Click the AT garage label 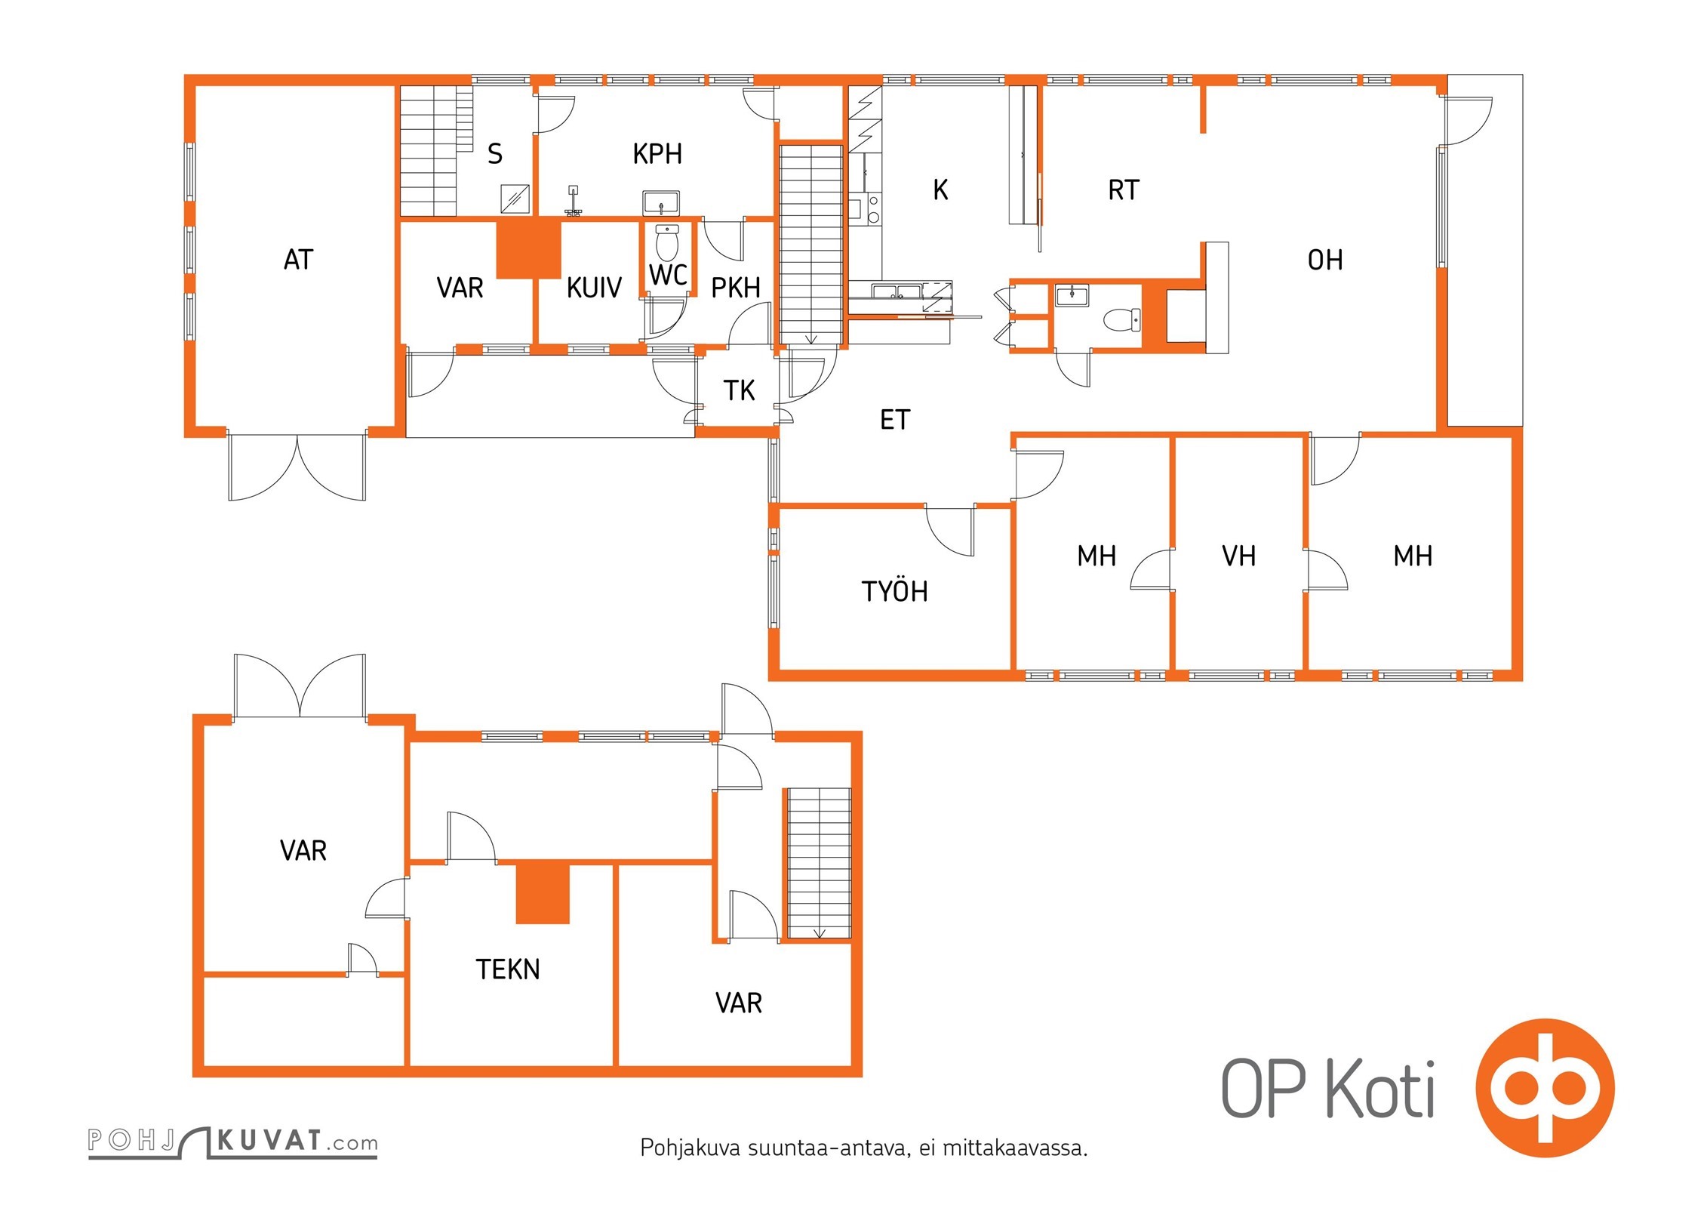(x=298, y=260)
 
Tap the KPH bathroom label (x=657, y=154)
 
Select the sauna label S (x=495, y=154)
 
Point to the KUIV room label (x=594, y=288)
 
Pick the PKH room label (x=736, y=288)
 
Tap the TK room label (x=739, y=390)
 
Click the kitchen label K (x=940, y=190)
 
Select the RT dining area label (x=1124, y=190)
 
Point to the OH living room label (x=1325, y=260)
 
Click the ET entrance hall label (x=895, y=420)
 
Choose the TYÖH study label (x=894, y=591)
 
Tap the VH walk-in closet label (x=1239, y=556)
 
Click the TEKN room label (x=508, y=969)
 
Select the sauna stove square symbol (x=515, y=199)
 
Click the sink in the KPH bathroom (x=661, y=203)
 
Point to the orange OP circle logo (x=1545, y=1088)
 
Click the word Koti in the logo (x=1380, y=1089)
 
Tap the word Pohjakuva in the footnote (x=690, y=1148)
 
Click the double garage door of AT (x=297, y=467)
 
